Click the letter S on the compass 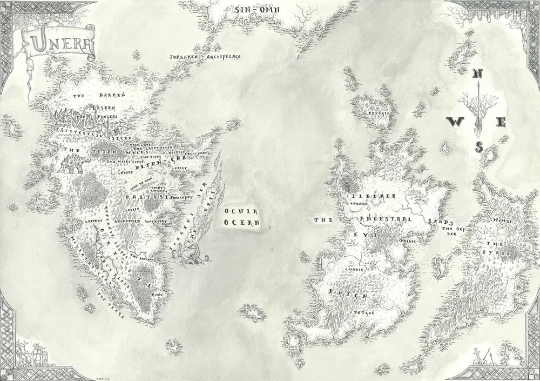(478, 146)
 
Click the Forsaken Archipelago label (205, 56)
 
